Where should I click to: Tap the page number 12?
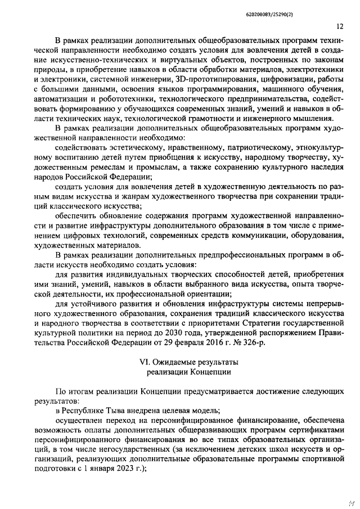(340, 26)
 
